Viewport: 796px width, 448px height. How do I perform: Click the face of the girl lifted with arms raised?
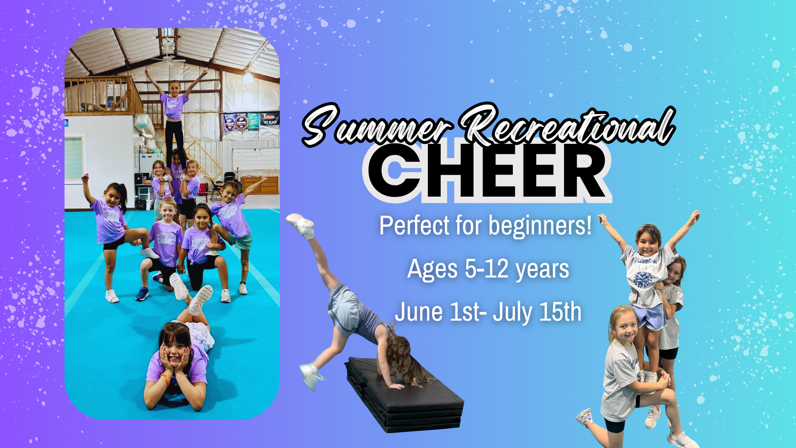pyautogui.click(x=648, y=243)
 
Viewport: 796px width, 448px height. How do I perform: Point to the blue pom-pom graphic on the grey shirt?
pyautogui.click(x=643, y=279)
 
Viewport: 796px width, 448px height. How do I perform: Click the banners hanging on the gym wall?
pyautogui.click(x=251, y=121)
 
